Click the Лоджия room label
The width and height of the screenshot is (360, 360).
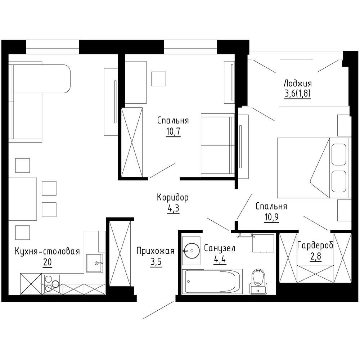pyautogui.click(x=298, y=84)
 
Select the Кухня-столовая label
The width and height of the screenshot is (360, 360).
pyautogui.click(x=47, y=251)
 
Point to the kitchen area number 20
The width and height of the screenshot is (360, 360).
pyautogui.click(x=47, y=262)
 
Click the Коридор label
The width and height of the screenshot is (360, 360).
pyautogui.click(x=173, y=197)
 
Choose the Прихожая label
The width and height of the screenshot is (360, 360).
pyautogui.click(x=156, y=251)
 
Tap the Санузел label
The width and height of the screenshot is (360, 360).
pyautogui.click(x=220, y=248)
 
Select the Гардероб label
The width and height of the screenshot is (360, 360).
pyautogui.click(x=315, y=246)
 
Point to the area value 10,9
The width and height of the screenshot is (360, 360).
pyautogui.click(x=271, y=217)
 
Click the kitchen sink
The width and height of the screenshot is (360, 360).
pyautogui.click(x=95, y=263)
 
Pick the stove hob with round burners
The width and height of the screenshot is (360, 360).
pyautogui.click(x=52, y=284)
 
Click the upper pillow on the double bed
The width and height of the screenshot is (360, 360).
pyautogui.click(x=339, y=154)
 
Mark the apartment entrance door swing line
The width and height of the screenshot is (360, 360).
pyautogui.click(x=158, y=310)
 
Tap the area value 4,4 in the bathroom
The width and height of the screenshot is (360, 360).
pyautogui.click(x=220, y=260)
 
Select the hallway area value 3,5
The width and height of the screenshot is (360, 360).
pyautogui.click(x=156, y=263)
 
